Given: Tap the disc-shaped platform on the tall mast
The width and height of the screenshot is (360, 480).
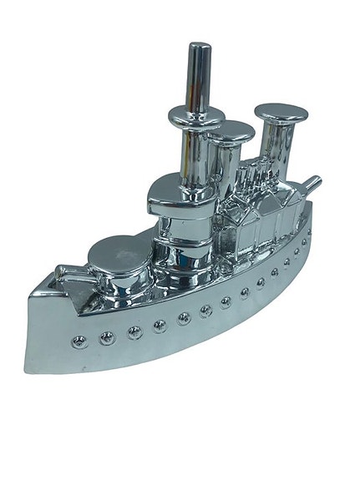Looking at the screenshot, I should click(x=193, y=114).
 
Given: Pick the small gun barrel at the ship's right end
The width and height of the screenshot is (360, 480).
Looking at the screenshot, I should click(x=312, y=183).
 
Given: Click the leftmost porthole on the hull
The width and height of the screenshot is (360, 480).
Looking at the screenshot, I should click(x=79, y=341).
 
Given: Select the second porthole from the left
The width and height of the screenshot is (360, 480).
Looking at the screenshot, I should click(x=106, y=337).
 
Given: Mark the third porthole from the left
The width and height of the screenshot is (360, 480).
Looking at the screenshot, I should click(x=134, y=332).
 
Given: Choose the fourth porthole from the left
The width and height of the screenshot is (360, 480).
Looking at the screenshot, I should click(x=160, y=326).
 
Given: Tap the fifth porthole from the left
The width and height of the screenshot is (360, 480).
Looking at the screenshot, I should click(x=184, y=318).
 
